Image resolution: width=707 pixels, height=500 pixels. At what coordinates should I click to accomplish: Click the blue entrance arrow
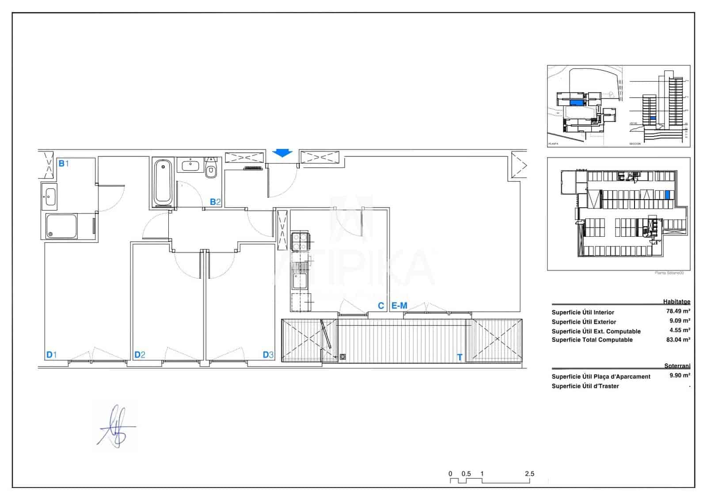click(x=282, y=153)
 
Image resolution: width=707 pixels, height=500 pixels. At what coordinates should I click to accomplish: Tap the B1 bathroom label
click(x=64, y=163)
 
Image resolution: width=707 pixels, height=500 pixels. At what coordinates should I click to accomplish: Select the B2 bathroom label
click(x=215, y=202)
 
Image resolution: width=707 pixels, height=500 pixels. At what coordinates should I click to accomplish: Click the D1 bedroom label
click(x=51, y=355)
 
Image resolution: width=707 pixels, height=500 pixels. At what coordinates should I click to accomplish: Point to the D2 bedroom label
click(x=140, y=355)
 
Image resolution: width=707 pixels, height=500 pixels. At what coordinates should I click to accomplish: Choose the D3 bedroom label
click(x=268, y=355)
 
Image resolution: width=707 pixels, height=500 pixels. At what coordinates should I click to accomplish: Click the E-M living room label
click(x=399, y=306)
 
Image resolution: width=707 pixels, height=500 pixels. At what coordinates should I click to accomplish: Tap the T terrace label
click(x=460, y=357)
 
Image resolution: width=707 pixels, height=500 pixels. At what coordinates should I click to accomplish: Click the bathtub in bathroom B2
click(x=163, y=182)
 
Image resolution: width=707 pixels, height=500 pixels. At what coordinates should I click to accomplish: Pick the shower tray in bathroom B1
click(x=61, y=227)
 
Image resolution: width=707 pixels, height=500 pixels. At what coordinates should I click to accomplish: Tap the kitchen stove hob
click(x=300, y=242)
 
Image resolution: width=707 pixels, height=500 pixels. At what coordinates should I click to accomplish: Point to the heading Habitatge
click(x=676, y=302)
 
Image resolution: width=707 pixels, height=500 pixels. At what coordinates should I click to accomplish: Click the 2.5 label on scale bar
click(x=529, y=473)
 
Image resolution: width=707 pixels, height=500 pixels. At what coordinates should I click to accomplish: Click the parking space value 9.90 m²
click(x=680, y=375)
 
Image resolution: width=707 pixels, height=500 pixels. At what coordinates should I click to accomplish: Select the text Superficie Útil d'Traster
click(x=585, y=386)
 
